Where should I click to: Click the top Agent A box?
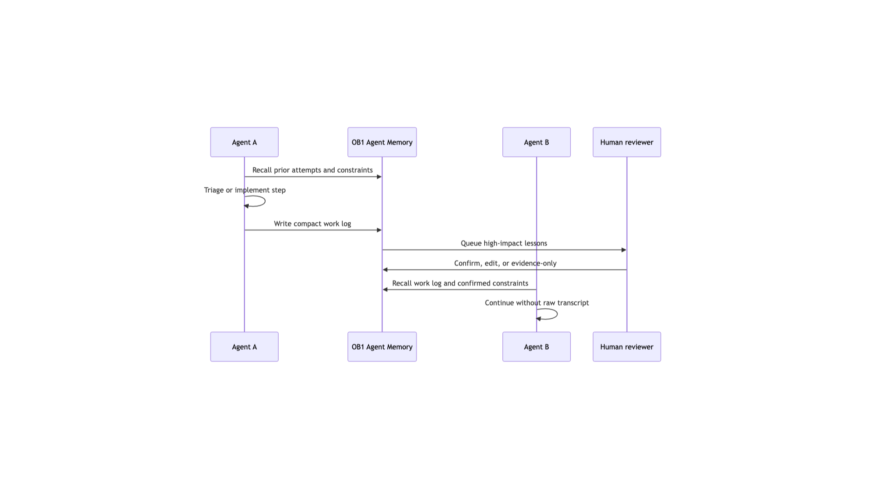pyautogui.click(x=244, y=142)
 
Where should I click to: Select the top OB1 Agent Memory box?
pyautogui.click(x=382, y=142)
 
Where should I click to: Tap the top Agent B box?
pyautogui.click(x=537, y=142)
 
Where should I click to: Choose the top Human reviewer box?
pyautogui.click(x=627, y=142)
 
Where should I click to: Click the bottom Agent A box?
pyautogui.click(x=244, y=347)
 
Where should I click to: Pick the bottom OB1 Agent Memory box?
pyautogui.click(x=382, y=347)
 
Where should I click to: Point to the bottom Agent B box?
pyautogui.click(x=537, y=347)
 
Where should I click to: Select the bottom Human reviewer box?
pyautogui.click(x=627, y=347)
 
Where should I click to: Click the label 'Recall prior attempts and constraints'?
pyautogui.click(x=312, y=170)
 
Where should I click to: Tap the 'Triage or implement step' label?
pyautogui.click(x=245, y=190)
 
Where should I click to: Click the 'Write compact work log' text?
pyautogui.click(x=312, y=224)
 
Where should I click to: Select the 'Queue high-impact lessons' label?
pyautogui.click(x=504, y=243)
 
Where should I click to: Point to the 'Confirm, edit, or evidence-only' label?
pyautogui.click(x=505, y=263)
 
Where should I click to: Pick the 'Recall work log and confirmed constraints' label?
pyautogui.click(x=460, y=283)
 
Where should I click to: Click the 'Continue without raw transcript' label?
pyautogui.click(x=537, y=303)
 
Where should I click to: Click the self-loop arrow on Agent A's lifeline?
pyautogui.click(x=265, y=201)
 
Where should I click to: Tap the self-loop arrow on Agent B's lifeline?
pyautogui.click(x=557, y=314)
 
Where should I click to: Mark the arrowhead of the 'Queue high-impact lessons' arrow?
pyautogui.click(x=624, y=250)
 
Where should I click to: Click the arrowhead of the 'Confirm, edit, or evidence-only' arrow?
pyautogui.click(x=385, y=270)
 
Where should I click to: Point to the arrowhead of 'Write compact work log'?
pyautogui.click(x=379, y=230)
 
